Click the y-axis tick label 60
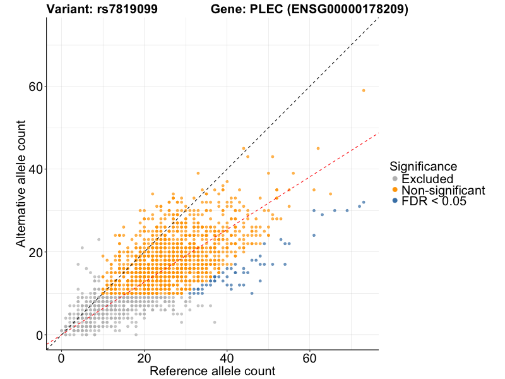pos(37,87)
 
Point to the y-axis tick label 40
pos(37,169)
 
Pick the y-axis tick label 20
pos(37,252)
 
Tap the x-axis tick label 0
pos(61,358)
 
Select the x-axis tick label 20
pos(144,358)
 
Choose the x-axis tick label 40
pos(227,358)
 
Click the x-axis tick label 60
pos(310,358)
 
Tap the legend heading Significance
pos(423,166)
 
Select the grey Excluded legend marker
pos(395,179)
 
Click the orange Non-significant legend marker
pos(395,189)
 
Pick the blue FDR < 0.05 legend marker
pos(395,200)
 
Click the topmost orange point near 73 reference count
pos(364,90)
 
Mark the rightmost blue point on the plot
pos(364,202)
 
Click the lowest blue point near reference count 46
pos(252,293)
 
